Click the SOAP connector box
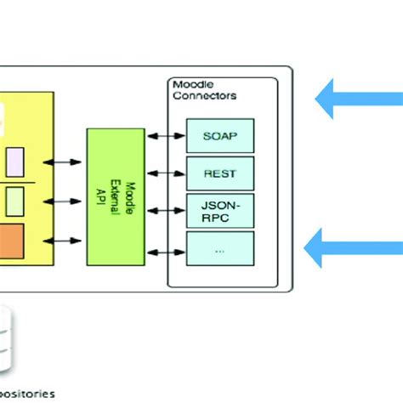point(219,135)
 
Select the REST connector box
point(219,173)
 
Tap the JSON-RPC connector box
point(219,210)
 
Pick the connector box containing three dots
point(219,250)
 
